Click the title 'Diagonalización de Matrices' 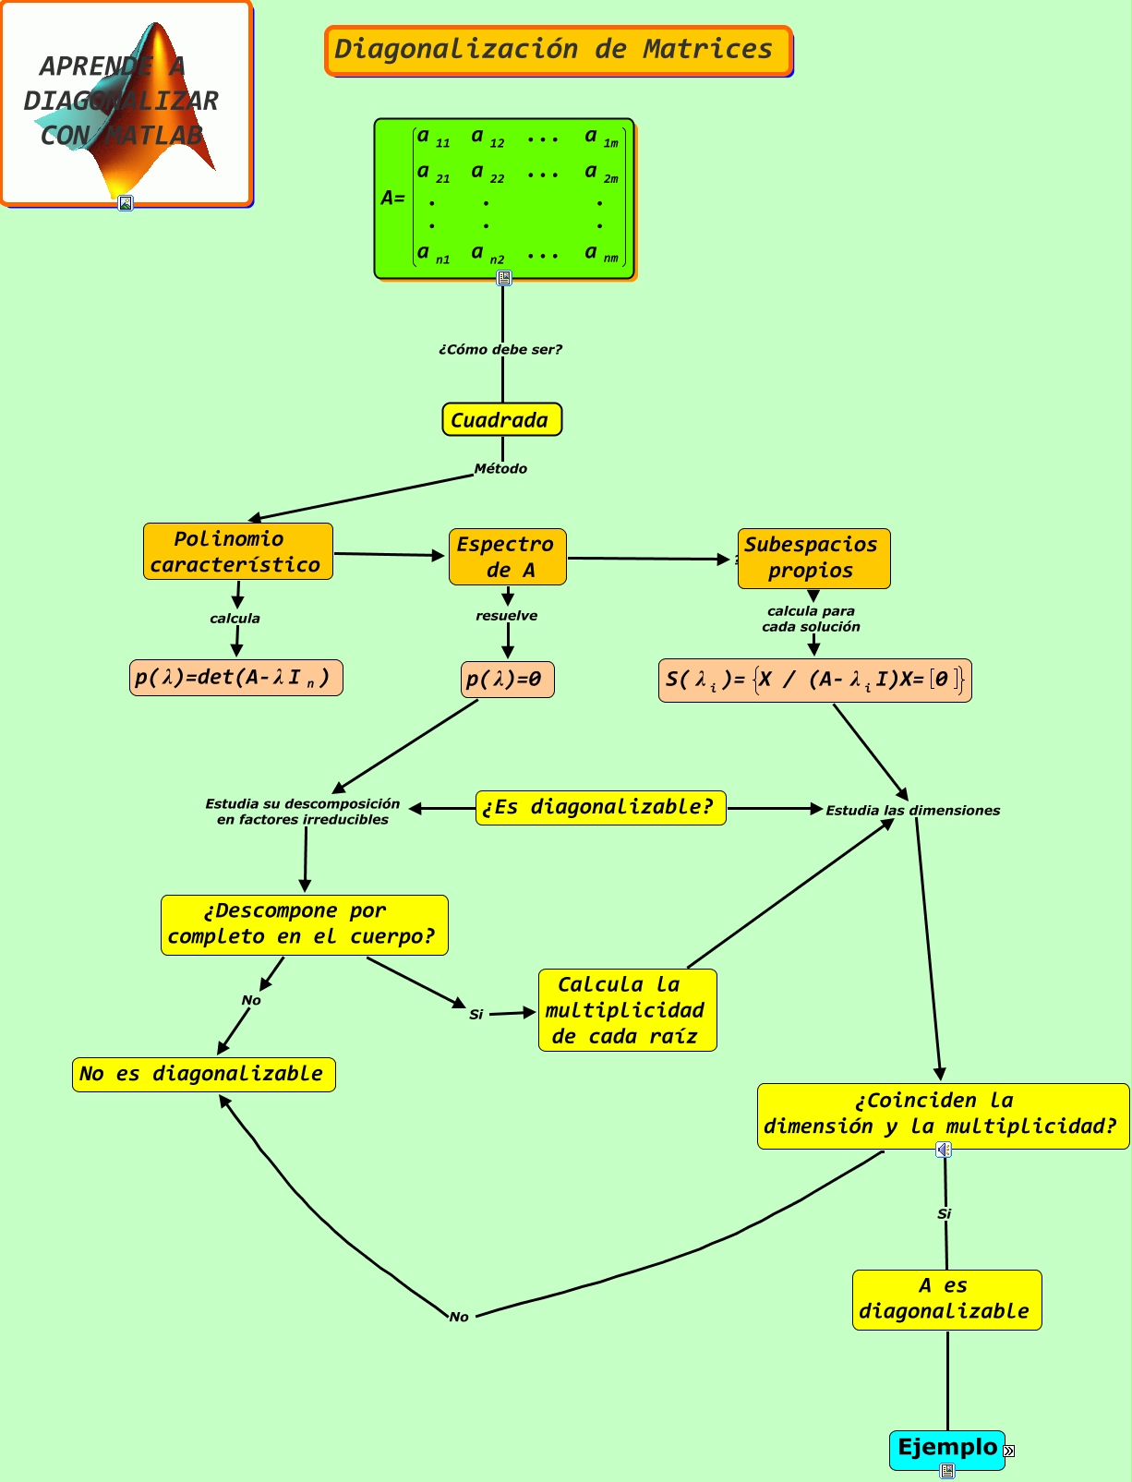point(558,50)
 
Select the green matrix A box point(504,198)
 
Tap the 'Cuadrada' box point(501,419)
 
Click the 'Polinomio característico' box point(237,551)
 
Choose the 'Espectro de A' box point(507,557)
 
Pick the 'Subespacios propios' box point(813,558)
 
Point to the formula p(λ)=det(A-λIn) point(235,678)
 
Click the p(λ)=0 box point(507,680)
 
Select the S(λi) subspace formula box point(814,681)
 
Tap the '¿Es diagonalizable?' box point(600,807)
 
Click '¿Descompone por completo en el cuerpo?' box point(304,924)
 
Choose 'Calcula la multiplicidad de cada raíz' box point(627,1010)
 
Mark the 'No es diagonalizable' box point(203,1074)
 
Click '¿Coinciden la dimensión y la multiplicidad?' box point(942,1115)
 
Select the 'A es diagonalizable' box point(946,1299)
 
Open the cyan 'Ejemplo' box point(946,1448)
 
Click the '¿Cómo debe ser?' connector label point(500,349)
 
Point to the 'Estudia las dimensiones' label point(912,811)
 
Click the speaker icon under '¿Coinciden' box point(943,1150)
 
